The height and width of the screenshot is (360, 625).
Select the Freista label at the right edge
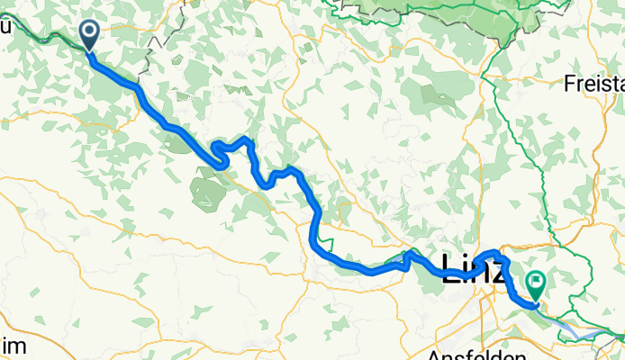click(x=594, y=84)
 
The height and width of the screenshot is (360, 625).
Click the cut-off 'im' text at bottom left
click(x=13, y=347)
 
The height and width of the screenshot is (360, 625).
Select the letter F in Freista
click(x=570, y=84)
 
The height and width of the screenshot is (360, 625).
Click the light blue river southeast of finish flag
click(x=585, y=333)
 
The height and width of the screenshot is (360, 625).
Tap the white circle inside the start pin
click(x=90, y=31)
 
